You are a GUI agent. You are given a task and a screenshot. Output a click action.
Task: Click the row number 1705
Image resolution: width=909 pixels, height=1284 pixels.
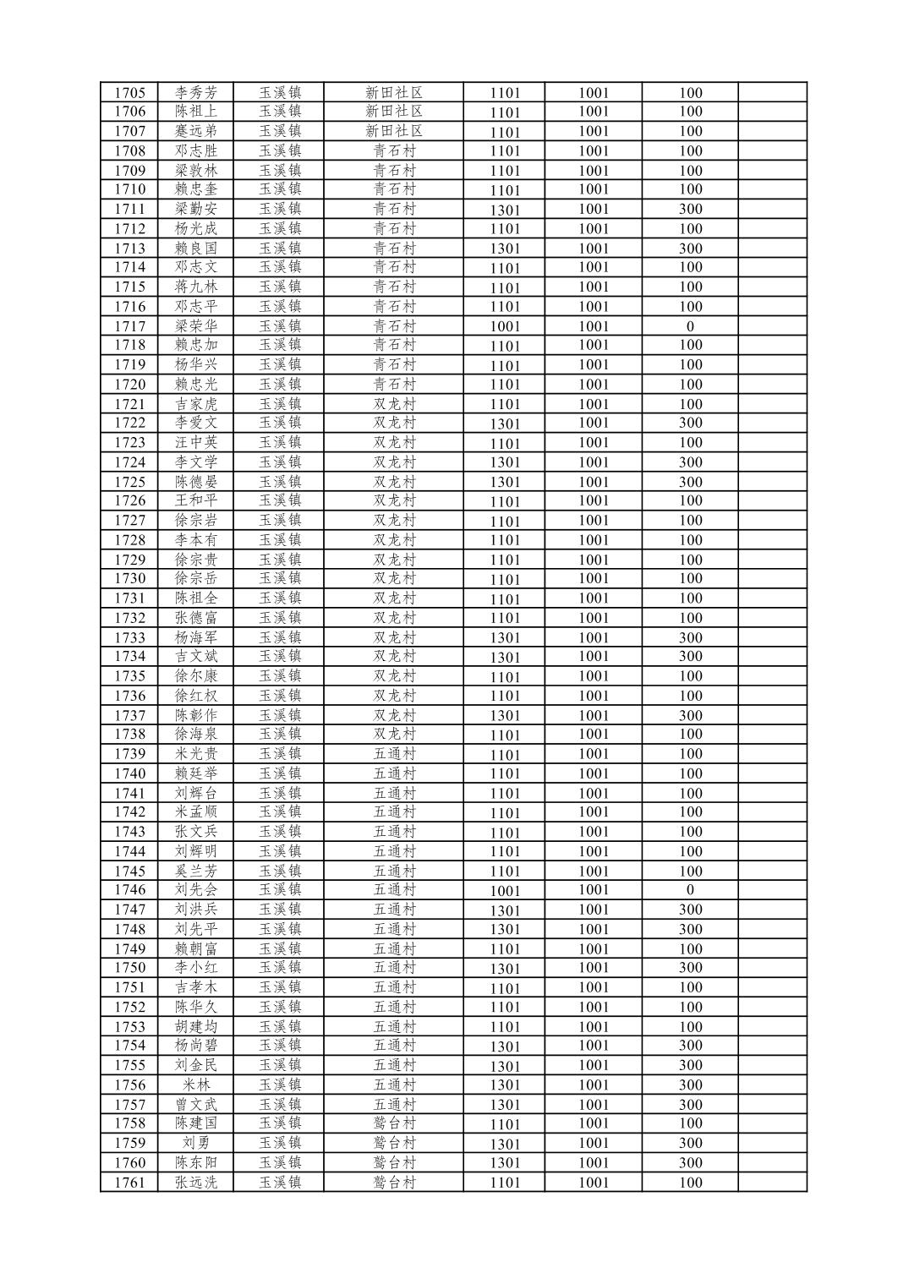129,93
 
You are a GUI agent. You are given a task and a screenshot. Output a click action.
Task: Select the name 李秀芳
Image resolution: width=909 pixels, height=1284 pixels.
196,93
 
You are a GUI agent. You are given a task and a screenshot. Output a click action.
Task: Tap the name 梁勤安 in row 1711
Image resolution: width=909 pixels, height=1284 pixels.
196,209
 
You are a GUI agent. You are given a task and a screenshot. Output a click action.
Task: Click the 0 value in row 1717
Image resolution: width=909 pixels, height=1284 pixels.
690,326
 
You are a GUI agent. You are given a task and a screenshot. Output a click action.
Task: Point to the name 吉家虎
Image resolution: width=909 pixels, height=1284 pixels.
196,404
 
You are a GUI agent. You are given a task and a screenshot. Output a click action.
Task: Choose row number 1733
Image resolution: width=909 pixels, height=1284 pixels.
129,637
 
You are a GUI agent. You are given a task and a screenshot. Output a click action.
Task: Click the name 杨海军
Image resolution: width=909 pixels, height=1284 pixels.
196,637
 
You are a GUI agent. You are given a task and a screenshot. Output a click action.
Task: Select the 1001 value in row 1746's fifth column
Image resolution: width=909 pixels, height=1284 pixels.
505,890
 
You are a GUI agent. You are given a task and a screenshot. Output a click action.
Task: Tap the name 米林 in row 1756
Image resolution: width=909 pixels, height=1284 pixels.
196,1085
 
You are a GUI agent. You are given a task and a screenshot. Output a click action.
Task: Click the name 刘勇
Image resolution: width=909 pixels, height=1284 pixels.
196,1143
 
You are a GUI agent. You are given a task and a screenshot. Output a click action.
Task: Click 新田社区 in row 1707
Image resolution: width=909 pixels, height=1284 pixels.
394,131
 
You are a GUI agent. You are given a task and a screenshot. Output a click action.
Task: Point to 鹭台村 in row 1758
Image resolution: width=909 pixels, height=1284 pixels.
394,1123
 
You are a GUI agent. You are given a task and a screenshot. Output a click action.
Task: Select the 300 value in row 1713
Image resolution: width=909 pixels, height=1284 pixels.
690,249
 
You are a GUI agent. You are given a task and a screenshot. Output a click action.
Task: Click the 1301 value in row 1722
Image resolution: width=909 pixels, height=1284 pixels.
505,423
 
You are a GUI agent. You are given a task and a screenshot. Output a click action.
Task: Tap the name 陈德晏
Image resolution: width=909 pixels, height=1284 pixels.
196,482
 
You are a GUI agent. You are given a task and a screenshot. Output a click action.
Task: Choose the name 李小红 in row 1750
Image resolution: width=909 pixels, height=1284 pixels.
196,968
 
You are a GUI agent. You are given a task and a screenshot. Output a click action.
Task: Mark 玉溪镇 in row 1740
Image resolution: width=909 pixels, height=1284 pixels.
280,773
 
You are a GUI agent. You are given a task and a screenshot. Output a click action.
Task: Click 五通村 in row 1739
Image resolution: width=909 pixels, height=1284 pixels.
394,754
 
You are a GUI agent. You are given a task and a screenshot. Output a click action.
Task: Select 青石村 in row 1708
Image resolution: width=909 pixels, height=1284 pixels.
394,150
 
